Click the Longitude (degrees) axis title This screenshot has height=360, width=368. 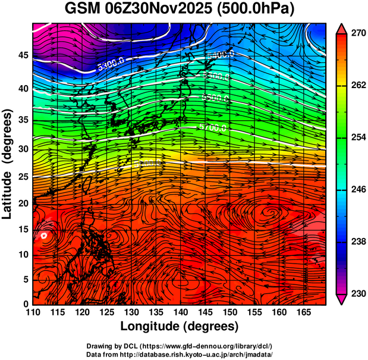tap(180, 327)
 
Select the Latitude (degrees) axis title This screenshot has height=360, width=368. tap(8, 164)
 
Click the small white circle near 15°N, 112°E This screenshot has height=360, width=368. tap(45, 236)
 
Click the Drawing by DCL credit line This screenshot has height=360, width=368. tap(180, 346)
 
